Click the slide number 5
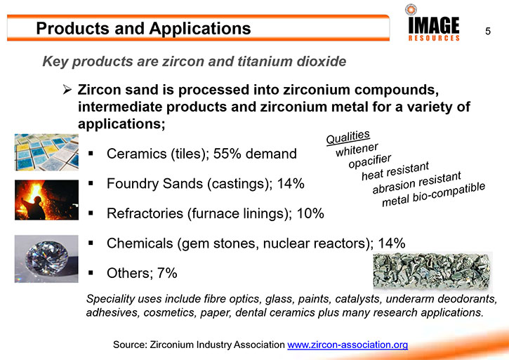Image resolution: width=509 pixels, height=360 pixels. point(487,31)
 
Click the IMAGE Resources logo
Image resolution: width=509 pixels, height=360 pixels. point(433,22)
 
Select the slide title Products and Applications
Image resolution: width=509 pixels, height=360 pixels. point(143,28)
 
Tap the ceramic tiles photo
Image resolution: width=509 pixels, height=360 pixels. point(46,152)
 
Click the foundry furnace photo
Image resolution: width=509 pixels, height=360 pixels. point(46,199)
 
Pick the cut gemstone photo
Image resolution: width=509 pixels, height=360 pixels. point(46,259)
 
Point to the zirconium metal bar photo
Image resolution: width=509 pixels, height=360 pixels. point(432,272)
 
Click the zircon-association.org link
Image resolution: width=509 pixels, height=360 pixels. point(348,345)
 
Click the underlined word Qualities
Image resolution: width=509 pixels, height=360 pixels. point(348,138)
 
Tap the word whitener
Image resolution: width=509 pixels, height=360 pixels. point(357,149)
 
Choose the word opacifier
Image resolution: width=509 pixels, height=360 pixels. point(370,161)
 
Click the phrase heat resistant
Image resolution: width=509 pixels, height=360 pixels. point(395,171)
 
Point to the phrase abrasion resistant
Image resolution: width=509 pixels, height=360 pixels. point(416,182)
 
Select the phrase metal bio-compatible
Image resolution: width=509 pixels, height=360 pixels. point(433,194)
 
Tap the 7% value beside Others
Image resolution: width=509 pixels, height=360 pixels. point(167,273)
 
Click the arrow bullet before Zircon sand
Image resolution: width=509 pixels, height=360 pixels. point(67,90)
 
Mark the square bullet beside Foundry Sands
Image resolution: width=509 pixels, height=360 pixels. point(91,183)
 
